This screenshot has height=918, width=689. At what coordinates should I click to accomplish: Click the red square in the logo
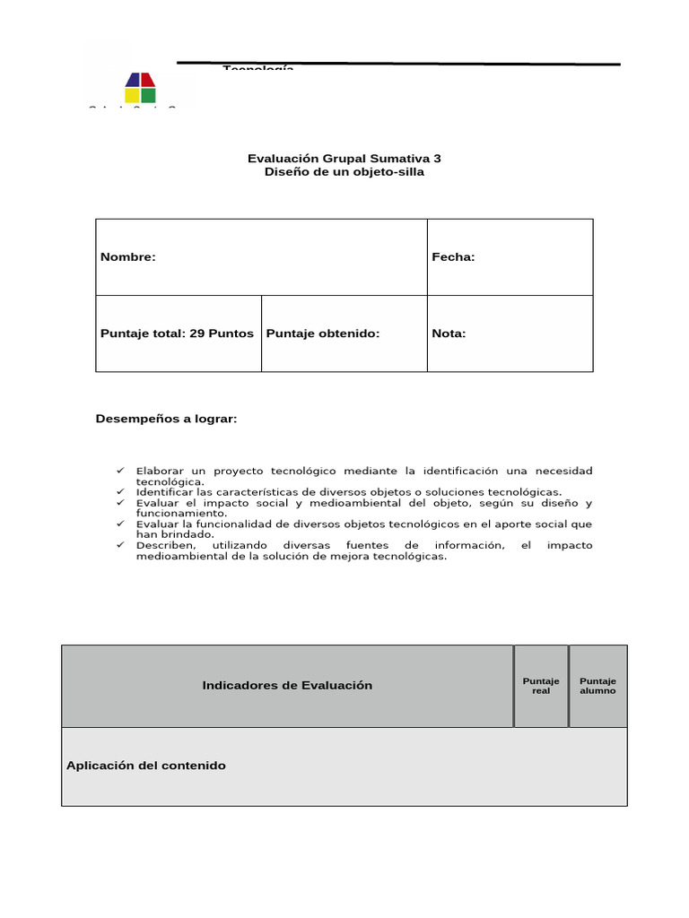(x=148, y=80)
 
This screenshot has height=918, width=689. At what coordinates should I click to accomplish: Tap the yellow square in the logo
(x=132, y=95)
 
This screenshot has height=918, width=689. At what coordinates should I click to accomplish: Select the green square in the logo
(x=148, y=95)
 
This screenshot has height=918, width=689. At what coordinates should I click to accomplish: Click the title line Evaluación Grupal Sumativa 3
(x=344, y=158)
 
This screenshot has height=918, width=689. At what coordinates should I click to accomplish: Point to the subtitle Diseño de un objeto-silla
(x=344, y=172)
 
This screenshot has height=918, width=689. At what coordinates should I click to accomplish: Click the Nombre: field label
(x=128, y=257)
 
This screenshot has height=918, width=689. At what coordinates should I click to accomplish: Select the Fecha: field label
(x=453, y=257)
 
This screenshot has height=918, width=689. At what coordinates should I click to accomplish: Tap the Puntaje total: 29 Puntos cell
(x=177, y=333)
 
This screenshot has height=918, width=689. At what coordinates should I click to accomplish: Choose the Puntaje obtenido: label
(x=323, y=333)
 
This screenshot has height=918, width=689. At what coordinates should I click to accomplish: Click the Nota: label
(x=449, y=333)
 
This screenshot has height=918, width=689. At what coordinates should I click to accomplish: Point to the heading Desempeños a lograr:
(x=167, y=419)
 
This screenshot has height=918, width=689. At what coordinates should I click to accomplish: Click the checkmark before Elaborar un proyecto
(x=120, y=471)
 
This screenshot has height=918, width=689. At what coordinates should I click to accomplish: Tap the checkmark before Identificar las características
(x=120, y=491)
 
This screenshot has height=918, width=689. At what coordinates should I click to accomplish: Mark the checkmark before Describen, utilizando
(x=120, y=545)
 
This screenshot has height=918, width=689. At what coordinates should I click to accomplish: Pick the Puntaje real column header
(x=541, y=686)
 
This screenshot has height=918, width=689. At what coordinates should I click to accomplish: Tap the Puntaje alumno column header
(x=597, y=686)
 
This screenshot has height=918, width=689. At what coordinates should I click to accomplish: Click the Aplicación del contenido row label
(x=146, y=766)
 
